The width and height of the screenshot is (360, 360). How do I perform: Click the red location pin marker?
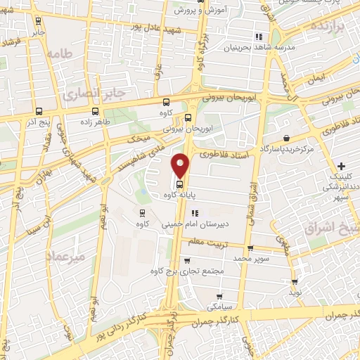[x=181, y=165]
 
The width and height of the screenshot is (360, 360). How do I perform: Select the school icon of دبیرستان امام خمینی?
[x=195, y=212]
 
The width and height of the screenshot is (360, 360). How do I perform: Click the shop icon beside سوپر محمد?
[x=251, y=248]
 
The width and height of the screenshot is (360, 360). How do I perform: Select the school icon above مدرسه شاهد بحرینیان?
[x=259, y=37]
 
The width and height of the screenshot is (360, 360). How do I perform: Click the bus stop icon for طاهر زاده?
[x=95, y=110]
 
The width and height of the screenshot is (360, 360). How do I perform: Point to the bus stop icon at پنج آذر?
[x=39, y=110]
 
